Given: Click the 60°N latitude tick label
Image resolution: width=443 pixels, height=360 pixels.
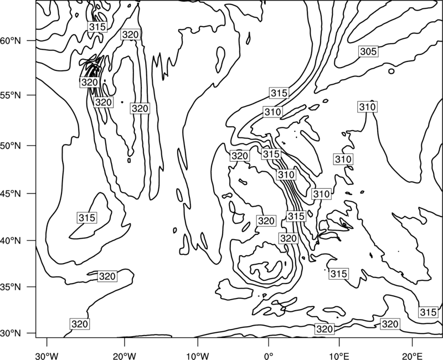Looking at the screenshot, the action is point(11,41).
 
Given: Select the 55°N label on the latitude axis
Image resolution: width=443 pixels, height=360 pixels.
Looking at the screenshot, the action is point(11,95).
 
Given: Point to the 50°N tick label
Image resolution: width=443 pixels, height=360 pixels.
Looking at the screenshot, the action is point(11,146).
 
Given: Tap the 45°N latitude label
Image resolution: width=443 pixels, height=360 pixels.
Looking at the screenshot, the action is point(11,194).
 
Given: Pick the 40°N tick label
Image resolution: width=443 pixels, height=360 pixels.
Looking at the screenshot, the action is point(11,241).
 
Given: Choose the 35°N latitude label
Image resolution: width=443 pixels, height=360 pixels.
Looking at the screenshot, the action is point(11,287).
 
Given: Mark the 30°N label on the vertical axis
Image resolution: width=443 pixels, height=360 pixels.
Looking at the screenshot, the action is point(11,333).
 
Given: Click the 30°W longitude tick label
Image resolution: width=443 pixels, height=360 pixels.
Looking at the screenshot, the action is point(47,356).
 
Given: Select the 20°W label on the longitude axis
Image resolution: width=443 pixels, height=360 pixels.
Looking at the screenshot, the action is point(124,356).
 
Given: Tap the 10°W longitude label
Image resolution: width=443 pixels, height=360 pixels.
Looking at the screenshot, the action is point(198,356).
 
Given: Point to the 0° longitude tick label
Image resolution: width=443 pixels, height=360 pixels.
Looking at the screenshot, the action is point(269,356).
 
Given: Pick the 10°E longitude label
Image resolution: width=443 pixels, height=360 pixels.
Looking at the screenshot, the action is point(339,356).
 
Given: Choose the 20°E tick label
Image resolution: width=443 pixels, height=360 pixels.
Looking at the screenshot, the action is point(412,356).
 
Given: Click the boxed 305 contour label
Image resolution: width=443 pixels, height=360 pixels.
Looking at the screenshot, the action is point(369,52).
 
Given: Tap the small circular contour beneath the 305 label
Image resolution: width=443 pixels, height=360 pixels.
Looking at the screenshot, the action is point(392,71).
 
